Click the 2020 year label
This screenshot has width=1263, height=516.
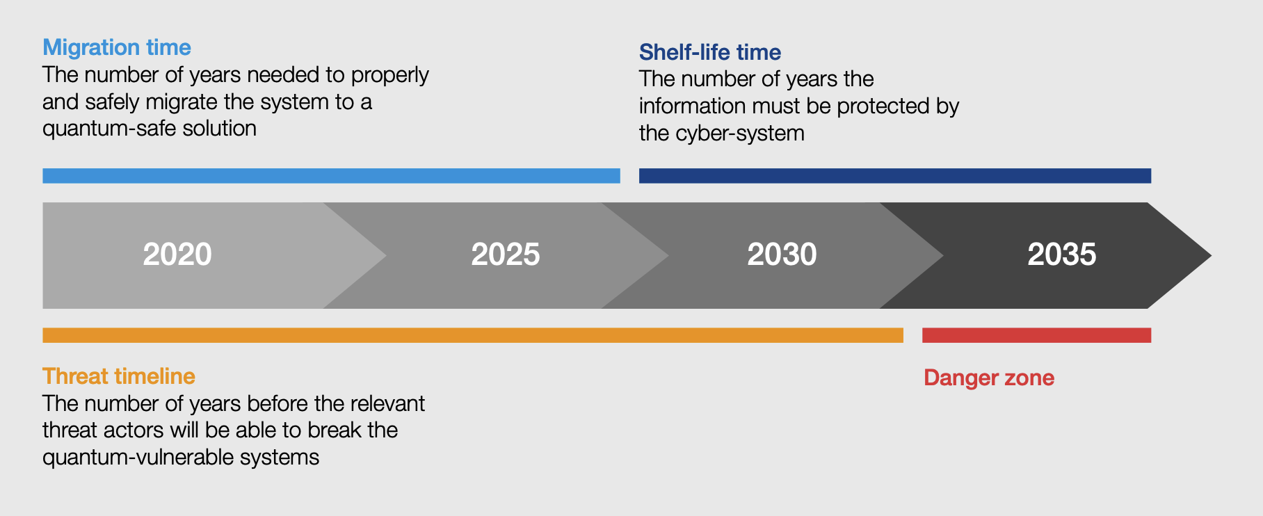(177, 255)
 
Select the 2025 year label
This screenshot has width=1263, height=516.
(506, 255)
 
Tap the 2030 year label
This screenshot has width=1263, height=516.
(782, 255)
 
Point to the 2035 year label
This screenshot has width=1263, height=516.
(1061, 255)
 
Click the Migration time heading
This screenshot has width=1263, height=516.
(116, 47)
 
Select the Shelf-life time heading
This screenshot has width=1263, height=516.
(709, 52)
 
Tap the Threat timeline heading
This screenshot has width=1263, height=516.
(118, 376)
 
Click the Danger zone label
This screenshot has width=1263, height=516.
(988, 378)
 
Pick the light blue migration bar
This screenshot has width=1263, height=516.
(331, 176)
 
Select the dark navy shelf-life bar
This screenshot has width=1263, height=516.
(894, 176)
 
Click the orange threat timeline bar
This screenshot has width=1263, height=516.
(473, 335)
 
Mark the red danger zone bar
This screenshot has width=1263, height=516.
(1036, 335)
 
